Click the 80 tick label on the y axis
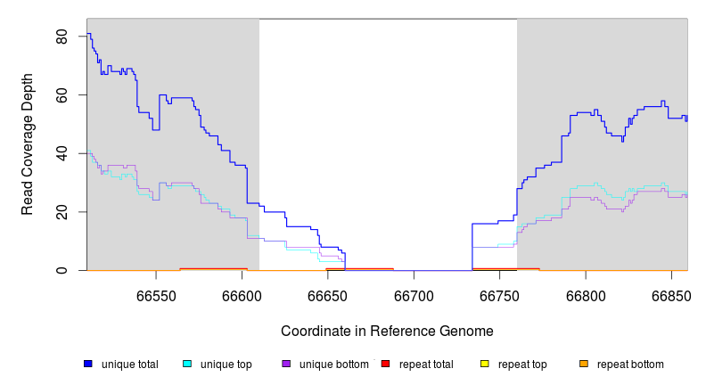(x=62, y=37)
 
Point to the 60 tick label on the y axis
(x=62, y=95)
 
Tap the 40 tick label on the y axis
(x=62, y=153)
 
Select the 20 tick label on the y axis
(x=62, y=212)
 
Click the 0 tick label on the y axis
(x=62, y=270)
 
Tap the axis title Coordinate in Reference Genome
(x=387, y=331)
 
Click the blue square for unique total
(x=88, y=364)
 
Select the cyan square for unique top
(x=187, y=364)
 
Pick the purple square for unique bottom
(x=286, y=364)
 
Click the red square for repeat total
(x=385, y=364)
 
